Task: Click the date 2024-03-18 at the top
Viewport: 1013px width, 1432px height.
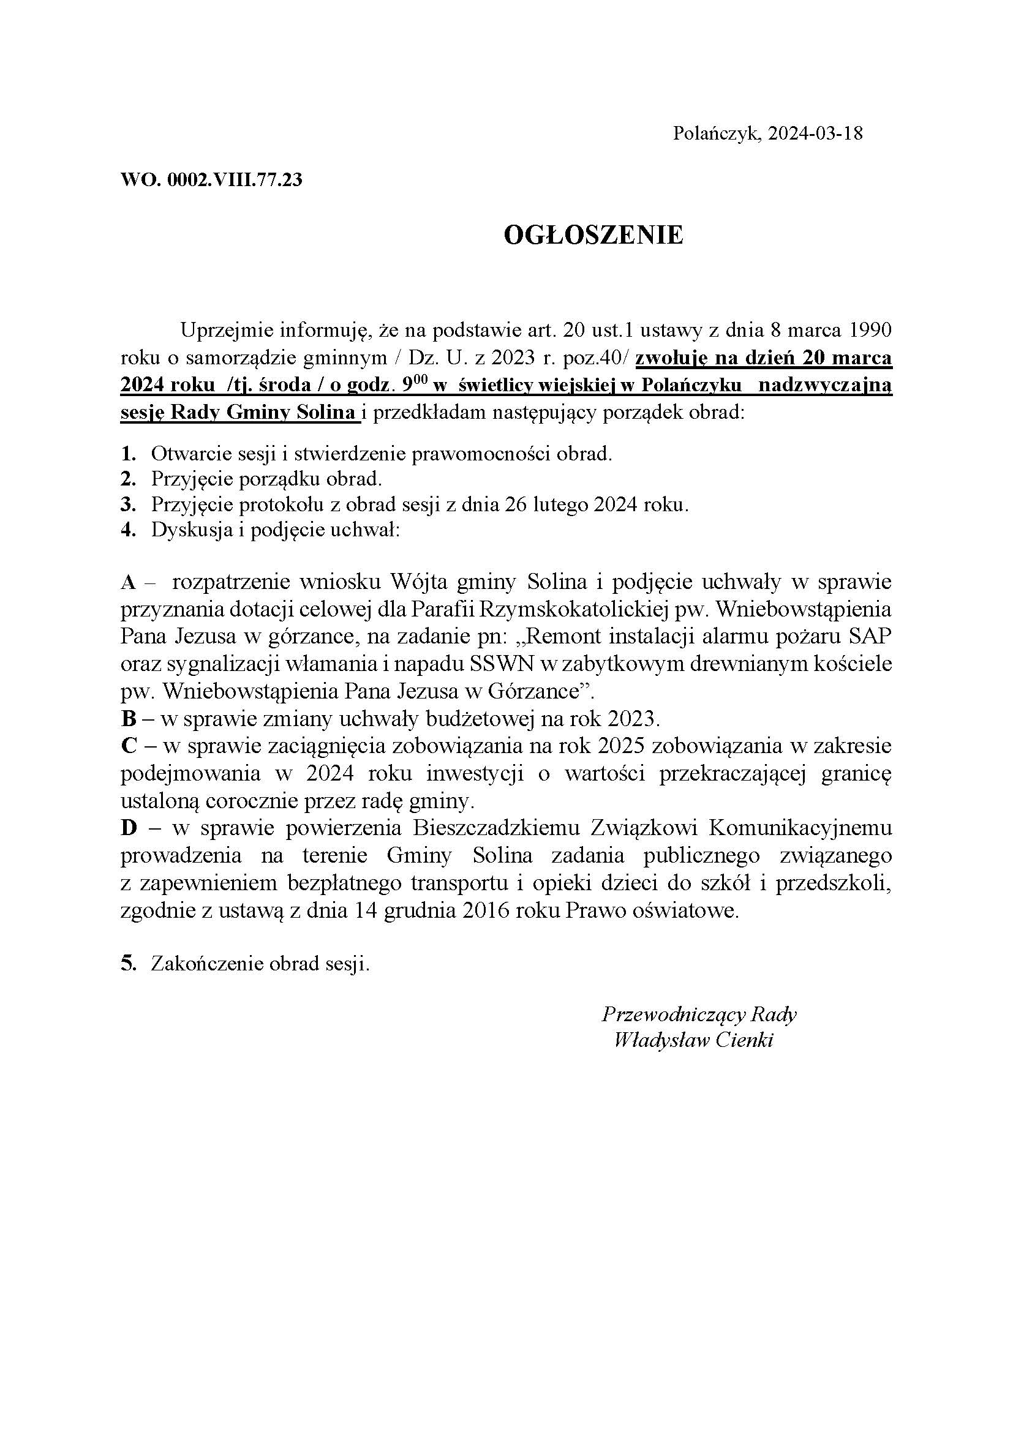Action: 815,133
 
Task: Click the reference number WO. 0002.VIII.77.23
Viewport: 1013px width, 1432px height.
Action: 211,180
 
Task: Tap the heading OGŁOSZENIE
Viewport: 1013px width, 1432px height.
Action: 593,236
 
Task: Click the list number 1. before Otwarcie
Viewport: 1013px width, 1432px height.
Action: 128,454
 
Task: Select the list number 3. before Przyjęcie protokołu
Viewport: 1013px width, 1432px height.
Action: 128,504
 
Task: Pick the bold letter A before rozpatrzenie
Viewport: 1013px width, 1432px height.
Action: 129,582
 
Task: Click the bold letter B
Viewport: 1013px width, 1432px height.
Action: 129,720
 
